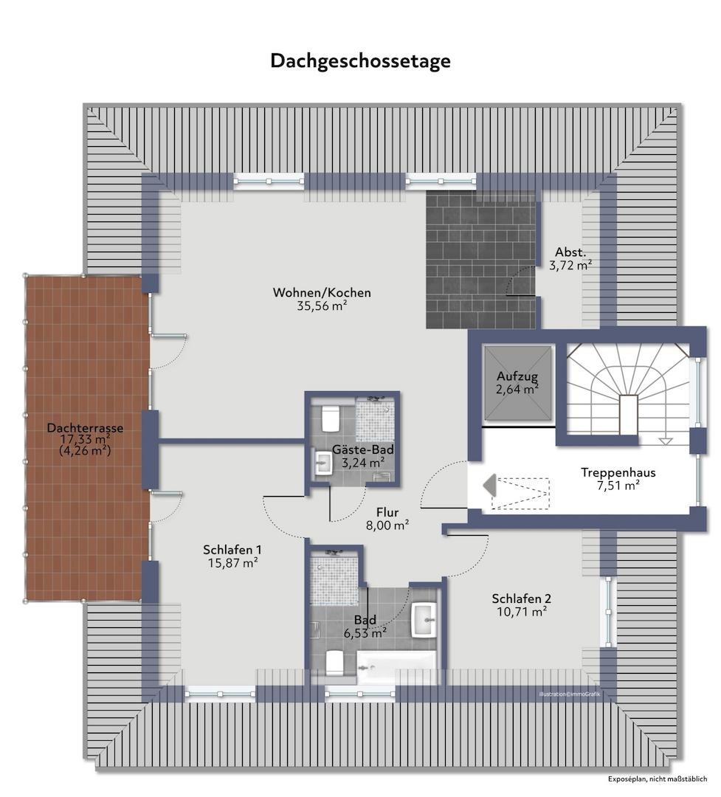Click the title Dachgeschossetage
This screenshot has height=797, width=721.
pyautogui.click(x=360, y=61)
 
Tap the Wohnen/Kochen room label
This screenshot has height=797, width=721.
pyautogui.click(x=322, y=293)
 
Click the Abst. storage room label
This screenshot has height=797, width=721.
pyautogui.click(x=571, y=251)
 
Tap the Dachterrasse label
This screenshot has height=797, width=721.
pyautogui.click(x=85, y=427)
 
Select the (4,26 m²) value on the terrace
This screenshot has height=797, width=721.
pyautogui.click(x=85, y=451)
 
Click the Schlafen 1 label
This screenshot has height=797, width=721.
pyautogui.click(x=232, y=550)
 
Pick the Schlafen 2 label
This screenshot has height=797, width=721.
pyautogui.click(x=522, y=599)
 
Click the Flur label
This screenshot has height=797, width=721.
pyautogui.click(x=388, y=511)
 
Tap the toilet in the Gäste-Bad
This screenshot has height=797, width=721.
pyautogui.click(x=330, y=418)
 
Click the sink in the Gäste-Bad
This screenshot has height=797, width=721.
pyautogui.click(x=322, y=463)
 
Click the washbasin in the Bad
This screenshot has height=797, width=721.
pyautogui.click(x=424, y=618)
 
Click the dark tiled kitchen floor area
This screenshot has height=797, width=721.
pyautogui.click(x=480, y=258)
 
